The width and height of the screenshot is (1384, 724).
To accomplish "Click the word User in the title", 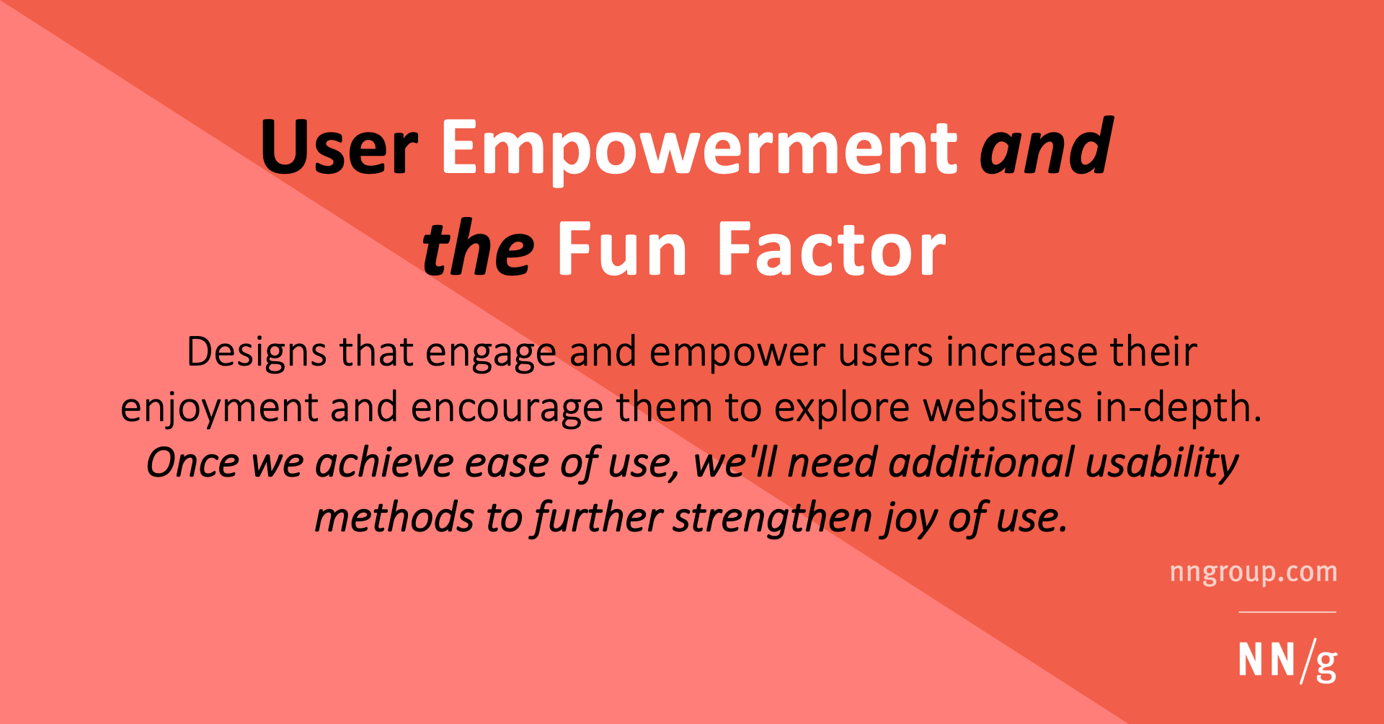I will [x=340, y=148].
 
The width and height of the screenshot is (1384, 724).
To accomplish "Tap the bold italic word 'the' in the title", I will [x=477, y=250].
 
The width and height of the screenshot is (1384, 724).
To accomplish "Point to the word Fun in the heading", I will [x=622, y=250].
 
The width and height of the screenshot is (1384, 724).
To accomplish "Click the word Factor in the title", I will [x=831, y=250].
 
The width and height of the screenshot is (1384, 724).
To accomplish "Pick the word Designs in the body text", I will [x=257, y=353].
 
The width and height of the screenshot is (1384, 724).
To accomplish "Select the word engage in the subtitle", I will [x=490, y=354].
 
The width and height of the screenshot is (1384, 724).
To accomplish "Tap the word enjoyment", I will [x=219, y=408].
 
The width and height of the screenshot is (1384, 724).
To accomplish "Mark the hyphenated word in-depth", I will [x=1178, y=408].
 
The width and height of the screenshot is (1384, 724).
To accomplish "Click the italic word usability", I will [x=1162, y=464].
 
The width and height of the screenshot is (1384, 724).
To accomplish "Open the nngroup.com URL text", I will [x=1254, y=573].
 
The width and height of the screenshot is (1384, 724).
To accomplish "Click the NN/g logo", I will [x=1287, y=661].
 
